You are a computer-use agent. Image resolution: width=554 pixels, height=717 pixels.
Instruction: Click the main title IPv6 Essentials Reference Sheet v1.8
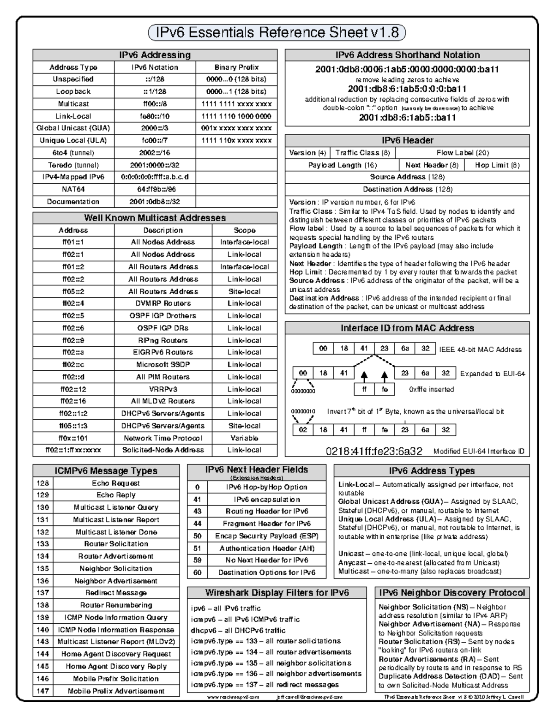click(277, 33)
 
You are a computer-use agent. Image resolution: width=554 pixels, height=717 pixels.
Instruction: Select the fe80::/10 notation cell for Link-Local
click(155, 116)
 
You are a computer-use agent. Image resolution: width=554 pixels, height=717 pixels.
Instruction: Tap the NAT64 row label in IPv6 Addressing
click(73, 189)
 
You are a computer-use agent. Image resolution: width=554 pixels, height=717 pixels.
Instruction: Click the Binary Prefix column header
click(236, 67)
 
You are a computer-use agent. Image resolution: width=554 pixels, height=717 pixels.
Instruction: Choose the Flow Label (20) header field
click(462, 153)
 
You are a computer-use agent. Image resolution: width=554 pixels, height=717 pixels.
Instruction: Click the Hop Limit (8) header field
click(497, 165)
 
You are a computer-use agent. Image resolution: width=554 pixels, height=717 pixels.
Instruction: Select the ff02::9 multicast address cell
click(73, 340)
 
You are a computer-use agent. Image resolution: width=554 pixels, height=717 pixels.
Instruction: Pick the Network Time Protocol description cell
click(163, 438)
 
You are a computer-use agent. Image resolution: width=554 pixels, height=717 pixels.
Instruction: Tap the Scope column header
click(244, 230)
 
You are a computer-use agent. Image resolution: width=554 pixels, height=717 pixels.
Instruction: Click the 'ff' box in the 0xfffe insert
click(364, 389)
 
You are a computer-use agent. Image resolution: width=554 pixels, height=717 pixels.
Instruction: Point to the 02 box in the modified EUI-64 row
click(303, 430)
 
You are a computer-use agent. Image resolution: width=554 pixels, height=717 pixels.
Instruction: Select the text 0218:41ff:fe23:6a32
click(374, 451)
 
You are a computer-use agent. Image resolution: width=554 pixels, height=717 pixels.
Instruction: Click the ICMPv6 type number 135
click(43, 569)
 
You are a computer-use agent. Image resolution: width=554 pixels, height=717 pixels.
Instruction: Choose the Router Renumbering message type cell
click(116, 605)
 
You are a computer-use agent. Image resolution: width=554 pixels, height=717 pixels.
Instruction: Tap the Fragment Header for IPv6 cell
click(266, 524)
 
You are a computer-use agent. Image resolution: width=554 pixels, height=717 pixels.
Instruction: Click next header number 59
click(198, 560)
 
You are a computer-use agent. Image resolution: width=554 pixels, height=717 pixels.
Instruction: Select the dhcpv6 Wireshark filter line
click(238, 630)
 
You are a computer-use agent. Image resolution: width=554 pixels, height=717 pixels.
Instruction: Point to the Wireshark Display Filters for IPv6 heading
click(277, 593)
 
